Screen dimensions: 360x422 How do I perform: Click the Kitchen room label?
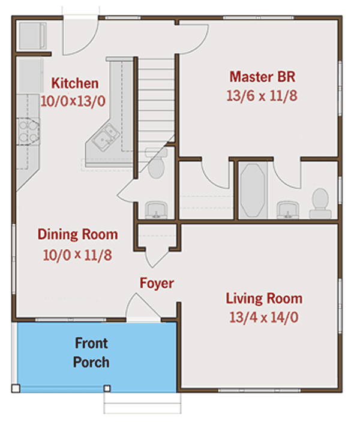click(75, 83)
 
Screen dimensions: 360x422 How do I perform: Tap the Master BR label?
click(262, 77)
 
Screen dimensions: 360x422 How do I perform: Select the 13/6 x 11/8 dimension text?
click(262, 95)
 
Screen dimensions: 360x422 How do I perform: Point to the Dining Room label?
click(77, 234)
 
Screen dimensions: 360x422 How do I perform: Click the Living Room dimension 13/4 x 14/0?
click(264, 317)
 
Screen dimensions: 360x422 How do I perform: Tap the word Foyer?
click(157, 284)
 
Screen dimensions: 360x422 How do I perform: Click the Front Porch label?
click(91, 352)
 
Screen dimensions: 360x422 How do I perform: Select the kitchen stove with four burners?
click(28, 132)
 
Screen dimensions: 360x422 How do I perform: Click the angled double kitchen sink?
click(106, 138)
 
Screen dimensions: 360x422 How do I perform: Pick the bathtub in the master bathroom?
click(253, 190)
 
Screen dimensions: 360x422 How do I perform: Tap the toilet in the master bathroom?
click(320, 203)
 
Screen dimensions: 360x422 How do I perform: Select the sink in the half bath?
click(156, 210)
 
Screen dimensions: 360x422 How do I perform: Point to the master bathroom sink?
click(288, 210)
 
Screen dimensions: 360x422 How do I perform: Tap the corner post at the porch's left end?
click(16, 388)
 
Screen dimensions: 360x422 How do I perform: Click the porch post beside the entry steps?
click(107, 388)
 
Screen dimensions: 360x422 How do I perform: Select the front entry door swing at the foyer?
click(143, 307)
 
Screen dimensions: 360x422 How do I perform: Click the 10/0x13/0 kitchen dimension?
click(73, 101)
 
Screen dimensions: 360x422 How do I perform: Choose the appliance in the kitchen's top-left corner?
click(32, 36)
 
